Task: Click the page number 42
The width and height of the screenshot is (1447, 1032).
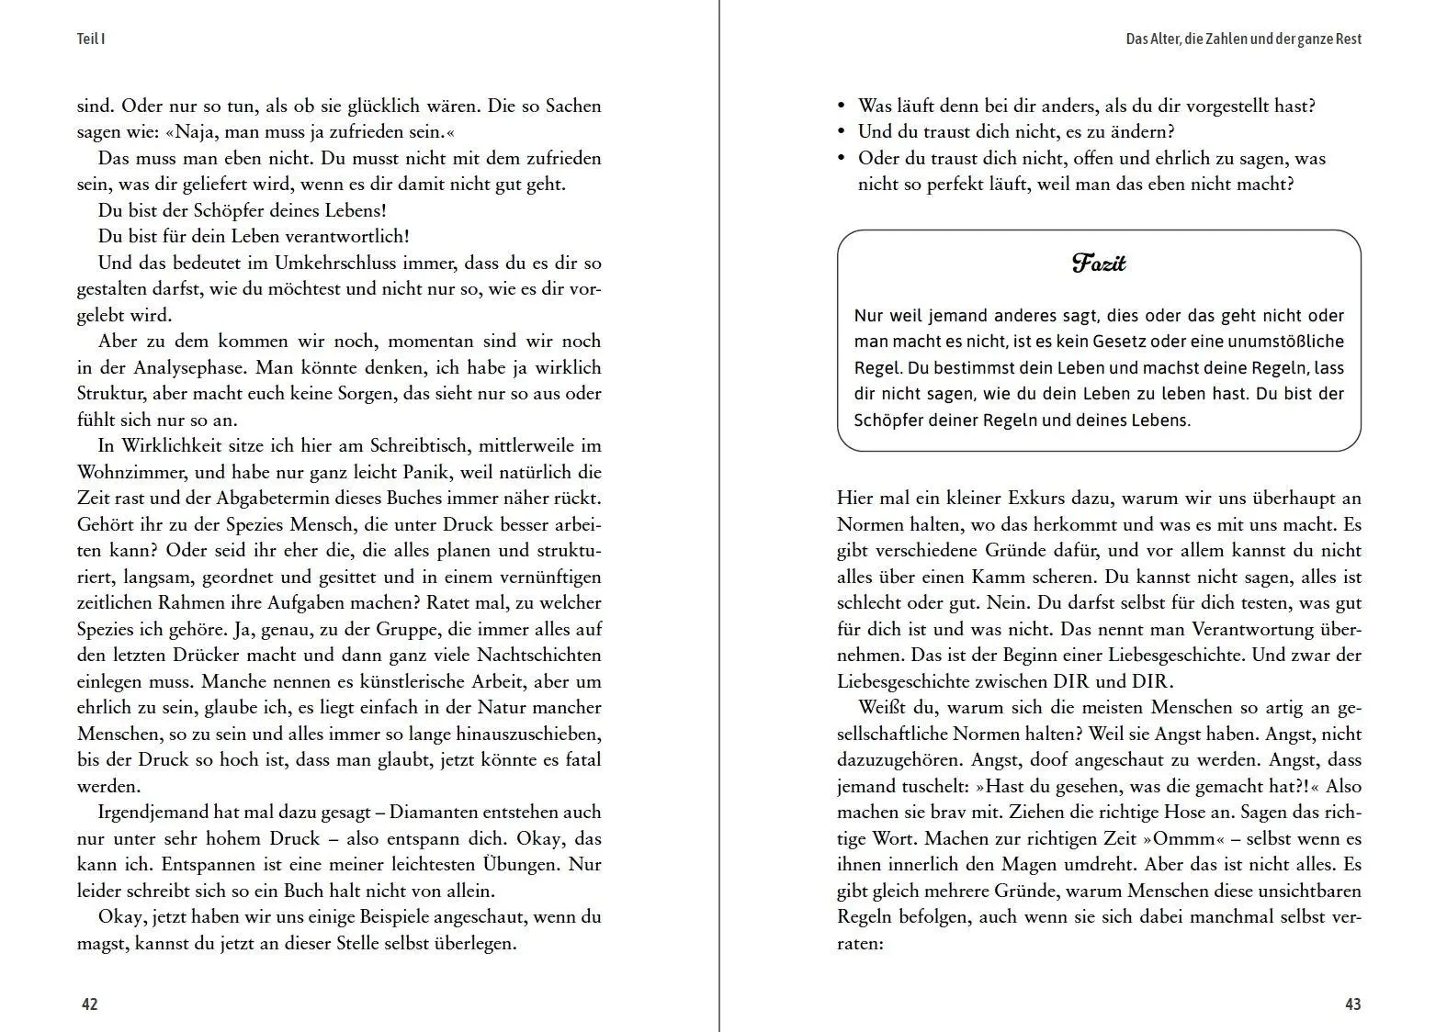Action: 89,1004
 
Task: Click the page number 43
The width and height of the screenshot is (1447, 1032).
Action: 1352,1004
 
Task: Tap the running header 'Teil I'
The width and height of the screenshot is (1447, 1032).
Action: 91,39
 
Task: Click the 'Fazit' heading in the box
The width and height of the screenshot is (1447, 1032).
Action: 1099,264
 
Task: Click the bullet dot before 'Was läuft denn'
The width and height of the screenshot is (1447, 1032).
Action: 842,106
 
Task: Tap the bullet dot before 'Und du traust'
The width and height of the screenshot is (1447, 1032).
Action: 842,131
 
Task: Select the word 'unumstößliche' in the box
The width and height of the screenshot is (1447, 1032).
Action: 1288,342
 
